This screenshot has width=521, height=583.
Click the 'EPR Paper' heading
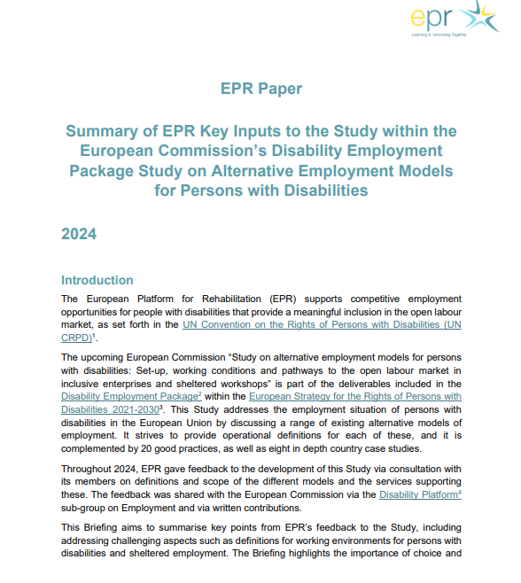click(260, 89)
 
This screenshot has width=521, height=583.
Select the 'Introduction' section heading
click(97, 280)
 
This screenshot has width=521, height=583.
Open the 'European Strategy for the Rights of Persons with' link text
click(354, 396)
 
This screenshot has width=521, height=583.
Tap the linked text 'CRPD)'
click(75, 338)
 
